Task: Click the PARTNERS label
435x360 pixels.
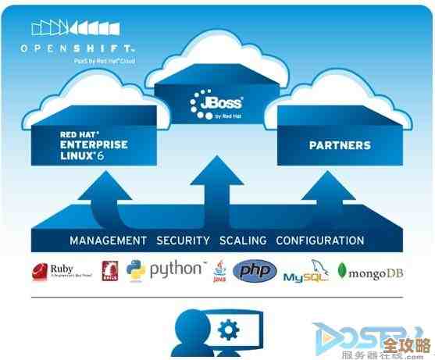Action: click(x=339, y=145)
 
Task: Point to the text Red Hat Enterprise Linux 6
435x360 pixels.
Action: click(x=93, y=145)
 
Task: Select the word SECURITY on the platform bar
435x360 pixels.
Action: click(x=184, y=240)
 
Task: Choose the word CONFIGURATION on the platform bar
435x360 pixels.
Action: click(x=319, y=240)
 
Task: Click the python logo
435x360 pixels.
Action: click(x=165, y=270)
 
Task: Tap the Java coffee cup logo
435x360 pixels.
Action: click(x=219, y=271)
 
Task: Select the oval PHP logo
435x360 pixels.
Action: click(x=255, y=271)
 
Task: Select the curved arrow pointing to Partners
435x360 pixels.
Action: click(x=320, y=195)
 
